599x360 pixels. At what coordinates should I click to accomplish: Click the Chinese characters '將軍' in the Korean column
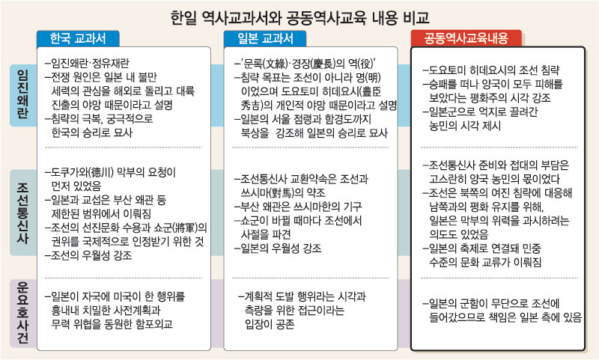click(185, 226)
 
